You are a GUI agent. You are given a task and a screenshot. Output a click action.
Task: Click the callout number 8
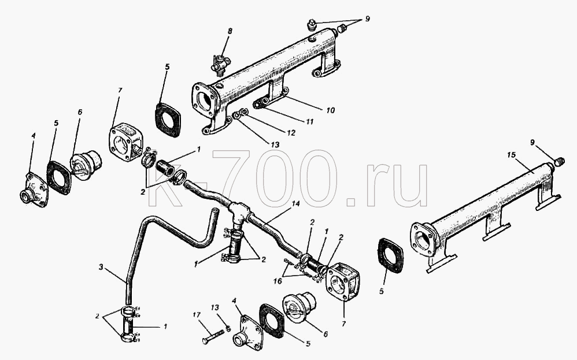pos(230,31)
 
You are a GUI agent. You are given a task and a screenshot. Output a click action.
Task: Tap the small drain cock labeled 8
pos(220,62)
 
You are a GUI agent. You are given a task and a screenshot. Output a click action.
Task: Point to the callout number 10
pos(330,110)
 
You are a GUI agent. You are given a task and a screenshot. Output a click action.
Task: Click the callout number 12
pos(291,133)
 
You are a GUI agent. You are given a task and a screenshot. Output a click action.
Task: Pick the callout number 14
pos(296,203)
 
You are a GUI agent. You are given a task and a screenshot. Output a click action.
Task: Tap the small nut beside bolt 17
pos(229,329)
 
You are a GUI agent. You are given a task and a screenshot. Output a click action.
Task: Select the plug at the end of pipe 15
pos(558,161)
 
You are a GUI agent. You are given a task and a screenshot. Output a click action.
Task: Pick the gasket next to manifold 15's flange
pos(390,256)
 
